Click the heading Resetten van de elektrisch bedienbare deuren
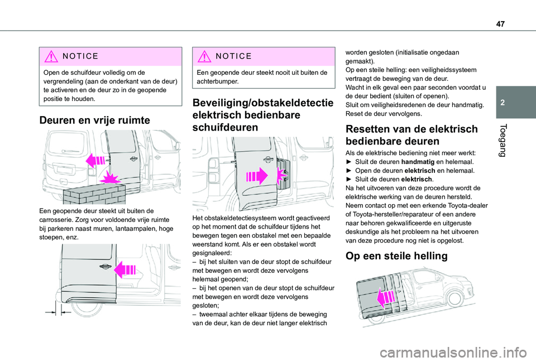[x=411, y=135]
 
